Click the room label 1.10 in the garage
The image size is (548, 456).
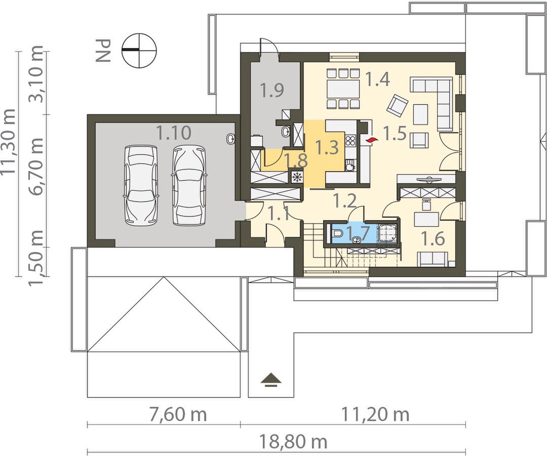(174, 133)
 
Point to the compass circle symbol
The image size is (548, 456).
(139, 50)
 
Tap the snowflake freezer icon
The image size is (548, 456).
(297, 177)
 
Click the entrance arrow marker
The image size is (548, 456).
(271, 380)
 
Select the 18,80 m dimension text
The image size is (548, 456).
(293, 442)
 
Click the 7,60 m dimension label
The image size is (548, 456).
(178, 414)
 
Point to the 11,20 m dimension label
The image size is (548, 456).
(375, 414)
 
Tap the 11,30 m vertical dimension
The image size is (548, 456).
(9, 141)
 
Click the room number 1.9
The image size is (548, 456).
(271, 91)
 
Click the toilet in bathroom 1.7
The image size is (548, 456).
(337, 233)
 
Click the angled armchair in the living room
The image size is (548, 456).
(398, 105)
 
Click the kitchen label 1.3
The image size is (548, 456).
(327, 147)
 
